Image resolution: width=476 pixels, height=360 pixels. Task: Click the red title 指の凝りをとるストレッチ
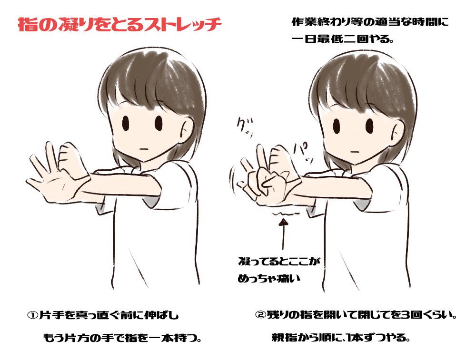pyautogui.click(x=119, y=25)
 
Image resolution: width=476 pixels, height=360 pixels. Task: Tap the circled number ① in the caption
pyautogui.click(x=32, y=315)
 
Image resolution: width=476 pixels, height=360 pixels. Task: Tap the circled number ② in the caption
pyautogui.click(x=260, y=315)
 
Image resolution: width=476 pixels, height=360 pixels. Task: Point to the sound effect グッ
pyautogui.click(x=245, y=127)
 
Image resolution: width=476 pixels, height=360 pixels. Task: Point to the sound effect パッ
pyautogui.click(x=300, y=151)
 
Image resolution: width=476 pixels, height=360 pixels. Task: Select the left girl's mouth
pyautogui.click(x=144, y=149)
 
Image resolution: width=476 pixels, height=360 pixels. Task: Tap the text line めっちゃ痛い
pyautogui.click(x=269, y=279)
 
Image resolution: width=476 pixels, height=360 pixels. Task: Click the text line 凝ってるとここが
pyautogui.click(x=279, y=261)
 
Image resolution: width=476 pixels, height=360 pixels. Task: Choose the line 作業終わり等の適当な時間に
pyautogui.click(x=370, y=22)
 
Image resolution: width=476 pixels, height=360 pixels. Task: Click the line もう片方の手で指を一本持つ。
pyautogui.click(x=123, y=338)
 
